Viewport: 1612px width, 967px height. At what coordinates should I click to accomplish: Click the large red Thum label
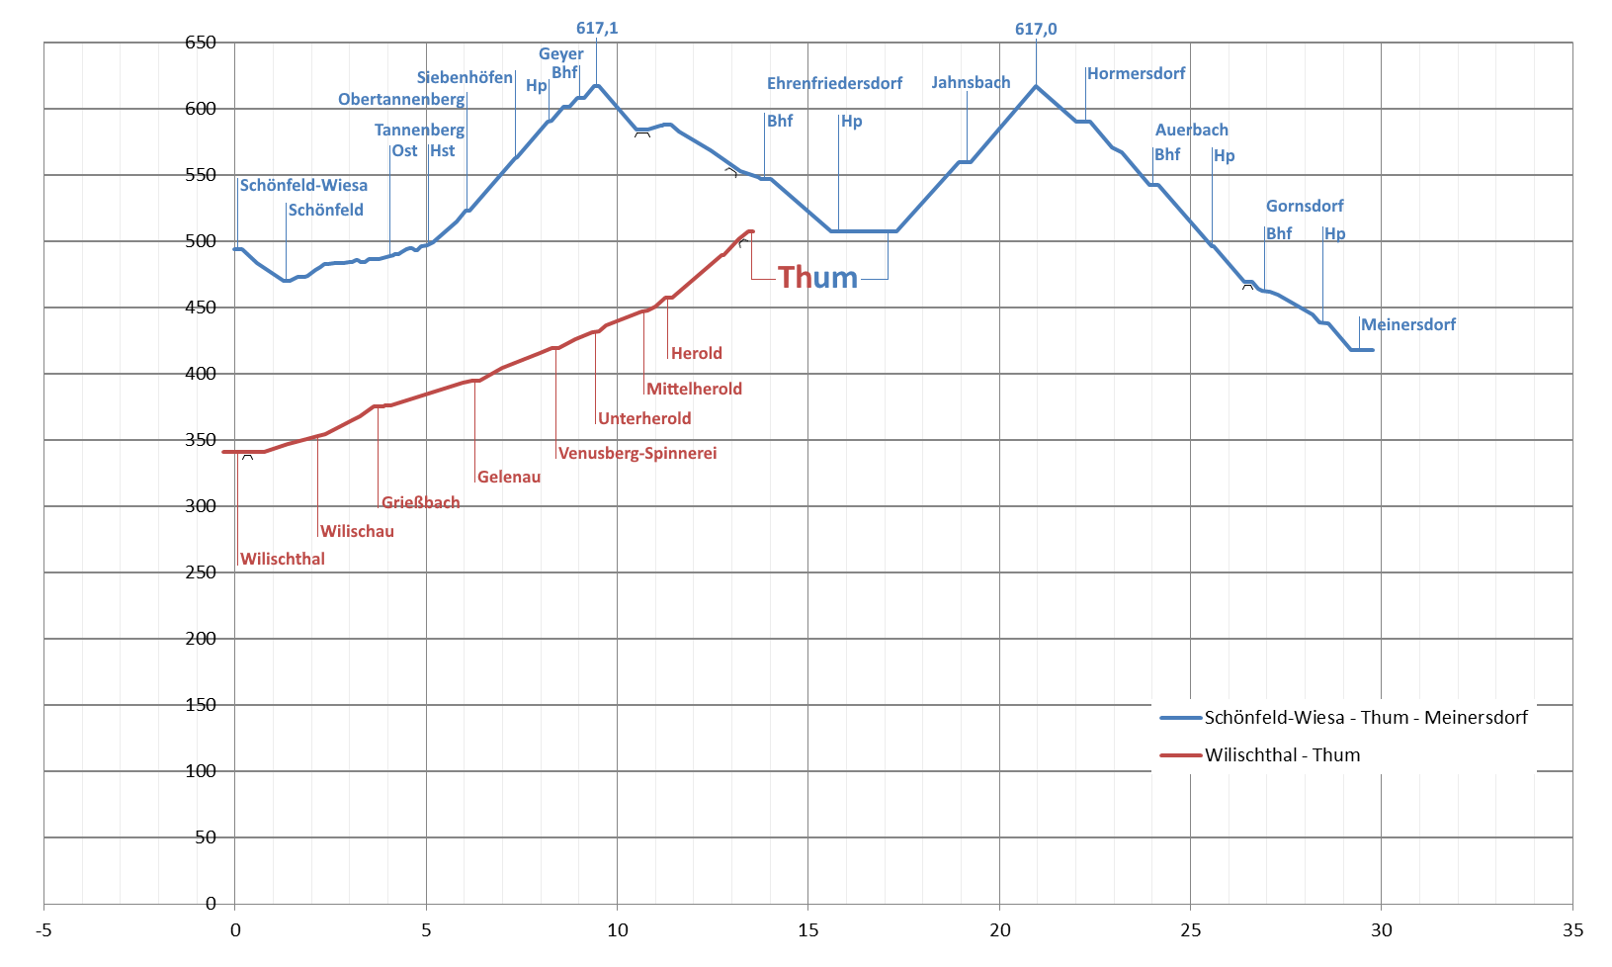pyautogui.click(x=817, y=278)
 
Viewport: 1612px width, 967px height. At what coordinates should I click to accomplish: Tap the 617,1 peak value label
pyautogui.click(x=597, y=28)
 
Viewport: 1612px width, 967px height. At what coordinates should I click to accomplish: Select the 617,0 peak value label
pyautogui.click(x=1036, y=29)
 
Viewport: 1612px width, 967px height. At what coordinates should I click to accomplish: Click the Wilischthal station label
pyautogui.click(x=282, y=559)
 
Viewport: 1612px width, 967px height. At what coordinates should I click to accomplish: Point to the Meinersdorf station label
pyautogui.click(x=1407, y=324)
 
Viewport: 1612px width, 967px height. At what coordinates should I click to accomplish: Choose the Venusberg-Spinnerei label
pyautogui.click(x=637, y=453)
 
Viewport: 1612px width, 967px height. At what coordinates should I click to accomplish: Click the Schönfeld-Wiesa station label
pyautogui.click(x=303, y=185)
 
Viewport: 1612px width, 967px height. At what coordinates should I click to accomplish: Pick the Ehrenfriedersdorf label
pyautogui.click(x=834, y=83)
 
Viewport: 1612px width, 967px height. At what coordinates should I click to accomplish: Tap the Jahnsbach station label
pyautogui.click(x=971, y=82)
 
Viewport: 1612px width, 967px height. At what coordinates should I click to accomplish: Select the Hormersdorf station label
pyautogui.click(x=1136, y=73)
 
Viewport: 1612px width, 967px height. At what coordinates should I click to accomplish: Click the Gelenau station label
pyautogui.click(x=509, y=477)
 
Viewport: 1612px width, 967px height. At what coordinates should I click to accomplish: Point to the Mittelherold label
pyautogui.click(x=694, y=389)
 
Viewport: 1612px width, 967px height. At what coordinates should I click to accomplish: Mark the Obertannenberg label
pyautogui.click(x=401, y=99)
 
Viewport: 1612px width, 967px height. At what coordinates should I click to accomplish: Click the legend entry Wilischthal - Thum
pyautogui.click(x=1282, y=755)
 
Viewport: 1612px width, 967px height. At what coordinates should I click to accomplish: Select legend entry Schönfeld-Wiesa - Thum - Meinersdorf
pyautogui.click(x=1365, y=718)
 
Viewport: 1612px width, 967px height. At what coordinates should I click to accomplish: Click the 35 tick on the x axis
pyautogui.click(x=1572, y=929)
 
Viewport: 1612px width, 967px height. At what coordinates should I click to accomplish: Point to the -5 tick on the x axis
pyautogui.click(x=43, y=929)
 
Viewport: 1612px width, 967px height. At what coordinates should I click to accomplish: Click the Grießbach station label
pyautogui.click(x=420, y=502)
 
